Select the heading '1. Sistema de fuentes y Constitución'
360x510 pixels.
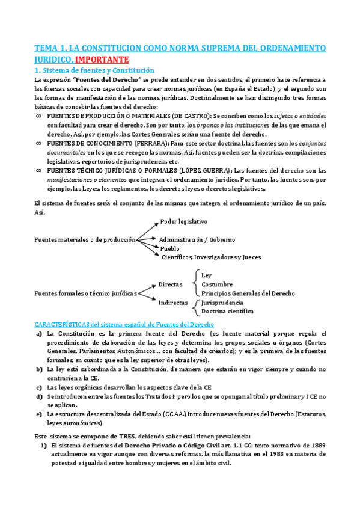tap(94, 70)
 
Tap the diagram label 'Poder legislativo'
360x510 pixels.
tap(183, 222)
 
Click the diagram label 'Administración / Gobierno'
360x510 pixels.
tap(197, 239)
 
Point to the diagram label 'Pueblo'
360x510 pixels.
tap(170, 248)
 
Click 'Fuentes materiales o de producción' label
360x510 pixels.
tap(85, 239)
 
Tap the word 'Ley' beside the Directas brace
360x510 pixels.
tap(207, 275)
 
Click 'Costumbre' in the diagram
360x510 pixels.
tap(218, 284)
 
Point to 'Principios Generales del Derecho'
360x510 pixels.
tap(248, 293)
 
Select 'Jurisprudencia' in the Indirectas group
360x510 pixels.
tap(222, 303)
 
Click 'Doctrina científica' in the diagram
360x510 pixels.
tap(227, 312)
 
